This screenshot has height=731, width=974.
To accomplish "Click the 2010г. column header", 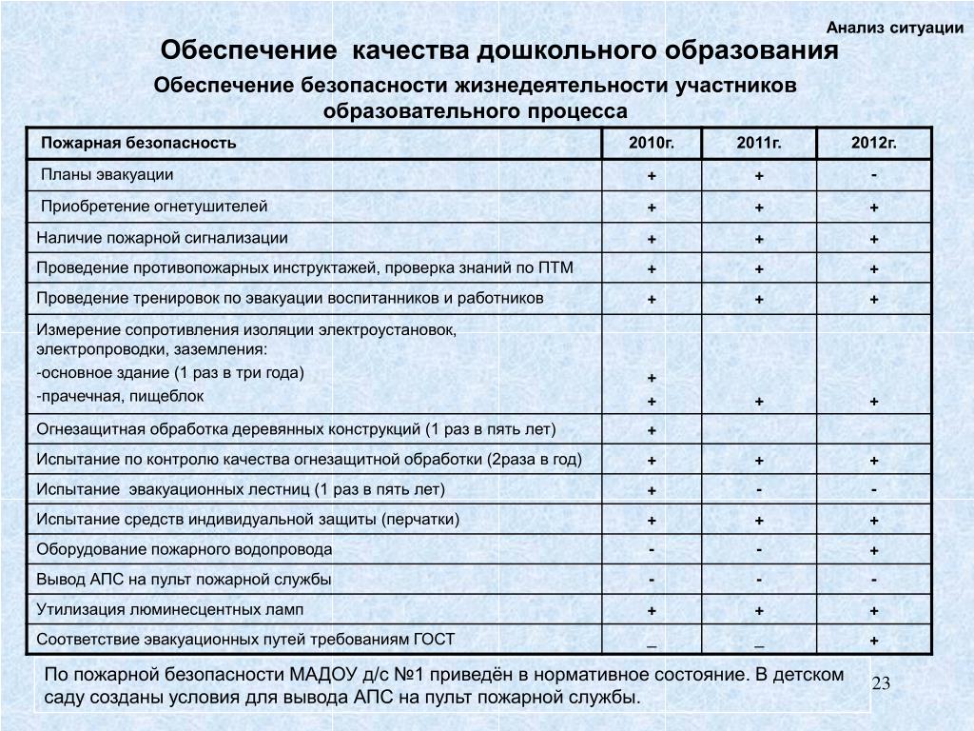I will [x=652, y=144].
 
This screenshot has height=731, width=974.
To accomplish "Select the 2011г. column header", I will [x=759, y=144].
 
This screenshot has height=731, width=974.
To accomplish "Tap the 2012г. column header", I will [x=874, y=144].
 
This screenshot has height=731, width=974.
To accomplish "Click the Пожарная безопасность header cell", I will [x=139, y=144].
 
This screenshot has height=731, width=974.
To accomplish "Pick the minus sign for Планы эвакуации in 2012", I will [x=874, y=173].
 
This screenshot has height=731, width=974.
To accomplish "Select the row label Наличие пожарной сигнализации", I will [x=162, y=238].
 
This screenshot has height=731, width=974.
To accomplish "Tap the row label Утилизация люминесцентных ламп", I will [x=171, y=608].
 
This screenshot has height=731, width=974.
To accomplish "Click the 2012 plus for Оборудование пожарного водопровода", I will [x=874, y=551].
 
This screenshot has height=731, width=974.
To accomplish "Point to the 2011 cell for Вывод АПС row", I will [x=759, y=580].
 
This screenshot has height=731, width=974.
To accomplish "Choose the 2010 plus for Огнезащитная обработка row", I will [x=653, y=431].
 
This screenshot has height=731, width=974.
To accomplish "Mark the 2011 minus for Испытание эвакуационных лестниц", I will [x=759, y=489].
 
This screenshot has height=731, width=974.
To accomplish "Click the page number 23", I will [x=880, y=684].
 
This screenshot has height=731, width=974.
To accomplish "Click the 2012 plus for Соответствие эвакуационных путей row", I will [x=874, y=641].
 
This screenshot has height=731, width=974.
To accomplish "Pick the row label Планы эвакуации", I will [x=107, y=175].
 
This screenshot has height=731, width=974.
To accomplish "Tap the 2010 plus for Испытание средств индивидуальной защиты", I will [x=653, y=521].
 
